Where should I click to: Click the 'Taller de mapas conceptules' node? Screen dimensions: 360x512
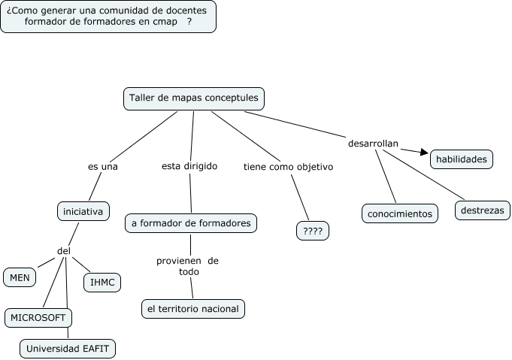pos(194,98)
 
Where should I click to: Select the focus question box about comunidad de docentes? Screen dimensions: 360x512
pos(108,16)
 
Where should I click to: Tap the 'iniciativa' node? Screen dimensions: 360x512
pos(83,211)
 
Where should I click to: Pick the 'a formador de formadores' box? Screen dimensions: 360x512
pos(191,223)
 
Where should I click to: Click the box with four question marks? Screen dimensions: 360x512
pos(313,231)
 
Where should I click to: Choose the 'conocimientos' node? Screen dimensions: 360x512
pos(400,214)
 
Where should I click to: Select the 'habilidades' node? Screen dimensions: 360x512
pos(462,159)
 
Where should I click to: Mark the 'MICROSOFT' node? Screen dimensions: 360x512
pos(38,318)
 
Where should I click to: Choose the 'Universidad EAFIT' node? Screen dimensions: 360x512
pos(68,349)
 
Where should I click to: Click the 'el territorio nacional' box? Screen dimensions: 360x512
pos(193,309)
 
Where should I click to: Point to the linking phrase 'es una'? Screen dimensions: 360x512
pos(103,166)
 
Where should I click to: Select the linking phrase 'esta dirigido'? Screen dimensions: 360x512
pos(189,166)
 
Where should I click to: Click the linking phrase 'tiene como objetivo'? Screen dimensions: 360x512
pos(288,167)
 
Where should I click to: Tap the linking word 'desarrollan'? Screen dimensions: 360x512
pos(373,143)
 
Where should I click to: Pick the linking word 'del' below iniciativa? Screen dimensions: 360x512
pos(65,250)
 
